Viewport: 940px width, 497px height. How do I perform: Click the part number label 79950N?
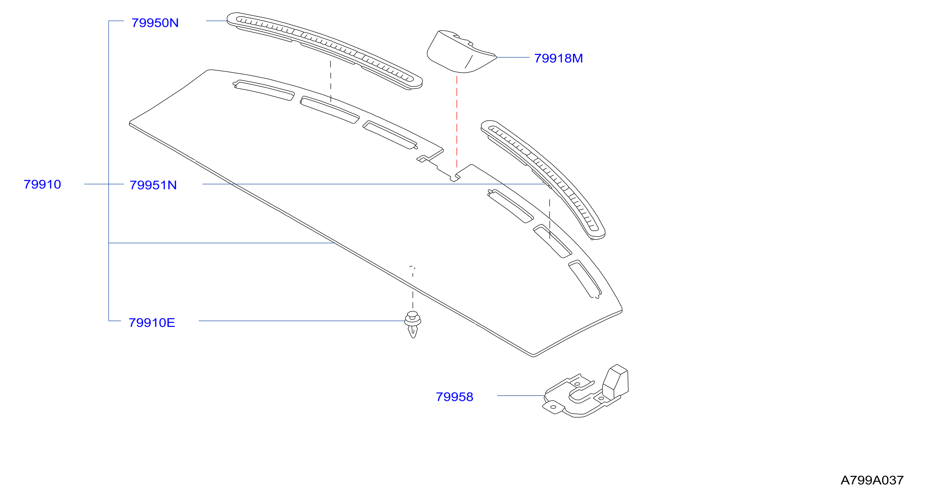(155, 23)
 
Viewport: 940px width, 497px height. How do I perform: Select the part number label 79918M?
(558, 58)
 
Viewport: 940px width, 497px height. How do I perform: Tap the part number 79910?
(42, 185)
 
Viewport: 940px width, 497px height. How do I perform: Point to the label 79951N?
(153, 185)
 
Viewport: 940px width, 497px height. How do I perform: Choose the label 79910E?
(152, 323)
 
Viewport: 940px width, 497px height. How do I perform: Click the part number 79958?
(454, 397)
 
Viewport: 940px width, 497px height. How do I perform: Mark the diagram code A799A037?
(872, 480)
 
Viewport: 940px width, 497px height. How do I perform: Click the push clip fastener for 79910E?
(413, 324)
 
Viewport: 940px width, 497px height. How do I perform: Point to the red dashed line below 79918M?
(457, 122)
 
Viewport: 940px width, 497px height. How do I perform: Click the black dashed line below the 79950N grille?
(331, 81)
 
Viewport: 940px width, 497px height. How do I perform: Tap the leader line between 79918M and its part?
(513, 57)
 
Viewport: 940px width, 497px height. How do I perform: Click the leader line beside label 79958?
(521, 396)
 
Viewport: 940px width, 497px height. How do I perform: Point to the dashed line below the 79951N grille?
(550, 219)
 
